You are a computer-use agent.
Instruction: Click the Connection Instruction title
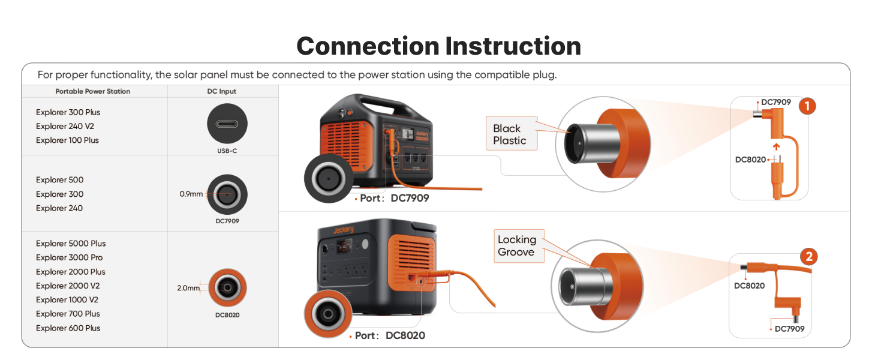pyautogui.click(x=438, y=46)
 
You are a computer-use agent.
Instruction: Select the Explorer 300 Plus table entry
pyautogui.click(x=68, y=112)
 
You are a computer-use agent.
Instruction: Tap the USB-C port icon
pyautogui.click(x=227, y=123)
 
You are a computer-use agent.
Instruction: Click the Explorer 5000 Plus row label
pyautogui.click(x=70, y=244)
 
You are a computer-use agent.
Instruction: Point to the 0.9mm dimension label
pyautogui.click(x=191, y=194)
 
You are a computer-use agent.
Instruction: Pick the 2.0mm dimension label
pyautogui.click(x=188, y=288)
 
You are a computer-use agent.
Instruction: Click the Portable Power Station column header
pyautogui.click(x=92, y=91)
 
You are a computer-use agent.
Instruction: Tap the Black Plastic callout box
pyautogui.click(x=510, y=134)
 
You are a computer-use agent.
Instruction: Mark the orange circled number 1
pyautogui.click(x=807, y=106)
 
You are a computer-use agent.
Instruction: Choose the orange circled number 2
pyautogui.click(x=808, y=257)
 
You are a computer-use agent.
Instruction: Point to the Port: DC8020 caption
pyautogui.click(x=389, y=335)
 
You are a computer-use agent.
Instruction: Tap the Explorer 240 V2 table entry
pyautogui.click(x=65, y=126)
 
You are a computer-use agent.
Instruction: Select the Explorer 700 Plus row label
pyautogui.click(x=68, y=314)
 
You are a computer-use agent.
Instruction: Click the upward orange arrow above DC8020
pyautogui.click(x=775, y=146)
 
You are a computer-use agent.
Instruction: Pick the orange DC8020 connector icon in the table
pyautogui.click(x=227, y=288)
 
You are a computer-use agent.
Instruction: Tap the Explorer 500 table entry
pyautogui.click(x=59, y=180)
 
